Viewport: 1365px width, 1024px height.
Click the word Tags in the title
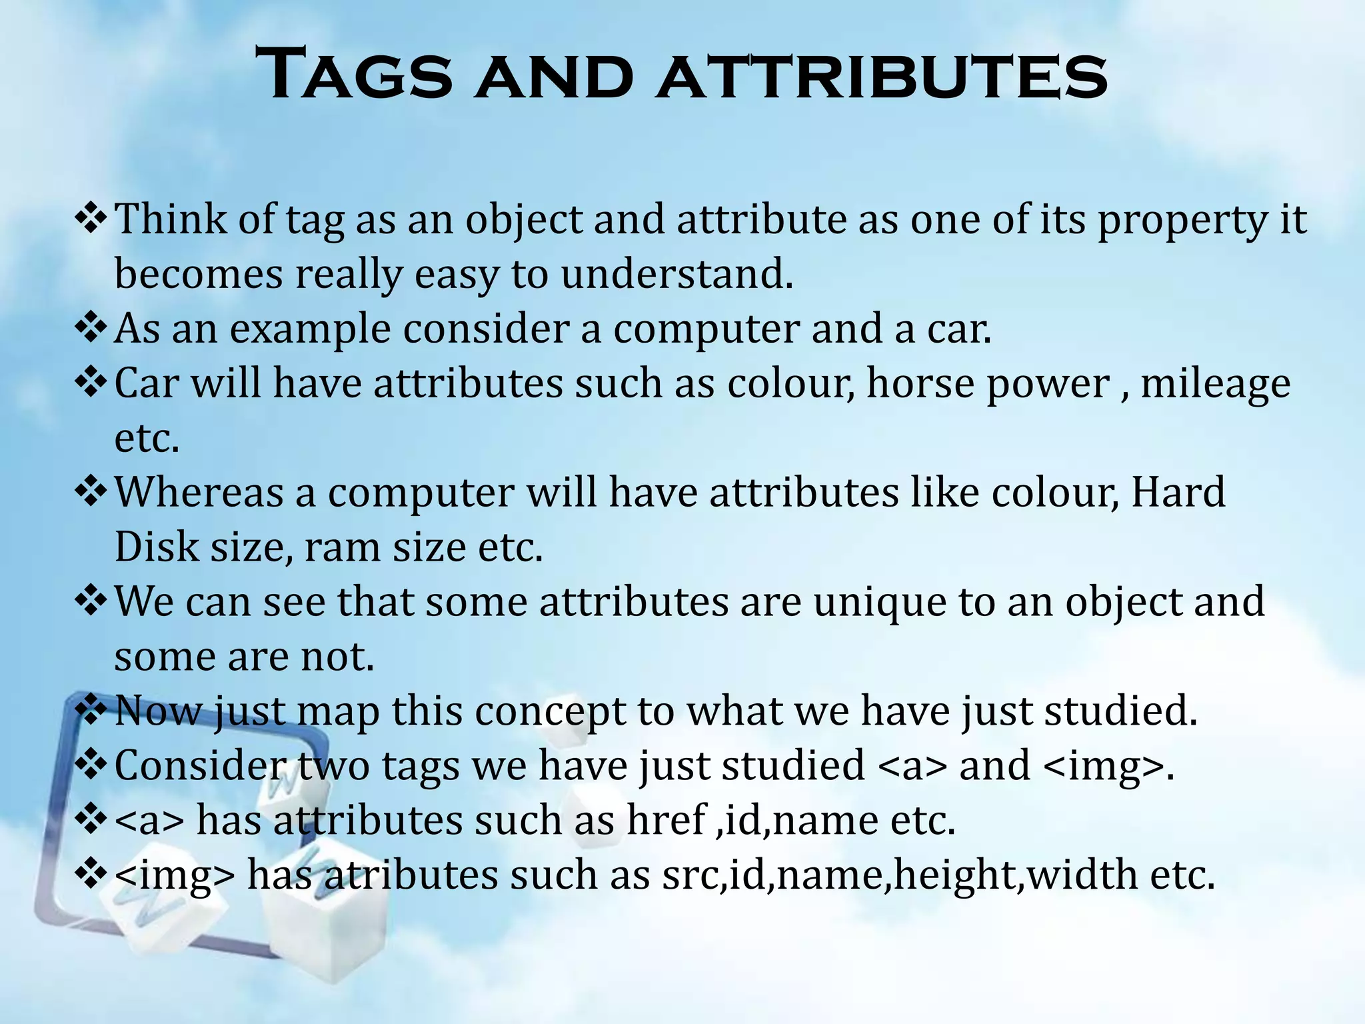pos(353,74)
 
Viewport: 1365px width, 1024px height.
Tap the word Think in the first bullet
pos(171,219)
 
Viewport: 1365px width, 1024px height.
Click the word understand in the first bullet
pos(676,275)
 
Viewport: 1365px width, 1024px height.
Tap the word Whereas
pos(199,493)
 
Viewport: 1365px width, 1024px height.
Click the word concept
pos(550,712)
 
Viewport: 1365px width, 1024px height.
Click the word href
pos(666,821)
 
